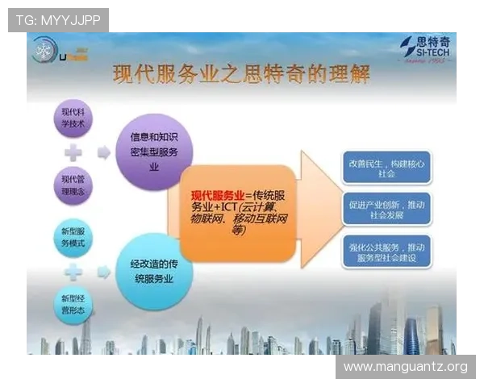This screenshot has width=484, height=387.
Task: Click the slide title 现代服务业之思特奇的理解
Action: click(x=242, y=76)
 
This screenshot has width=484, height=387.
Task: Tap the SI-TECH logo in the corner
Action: click(x=428, y=49)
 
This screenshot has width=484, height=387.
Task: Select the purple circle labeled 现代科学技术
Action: click(x=72, y=119)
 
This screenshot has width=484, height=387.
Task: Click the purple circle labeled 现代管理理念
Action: click(x=72, y=185)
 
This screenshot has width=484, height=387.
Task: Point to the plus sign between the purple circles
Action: click(x=72, y=152)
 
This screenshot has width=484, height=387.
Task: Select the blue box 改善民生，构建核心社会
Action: click(x=392, y=168)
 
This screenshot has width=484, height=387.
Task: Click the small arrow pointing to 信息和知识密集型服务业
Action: click(x=104, y=152)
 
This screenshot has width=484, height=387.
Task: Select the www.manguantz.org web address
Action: click(x=405, y=367)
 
